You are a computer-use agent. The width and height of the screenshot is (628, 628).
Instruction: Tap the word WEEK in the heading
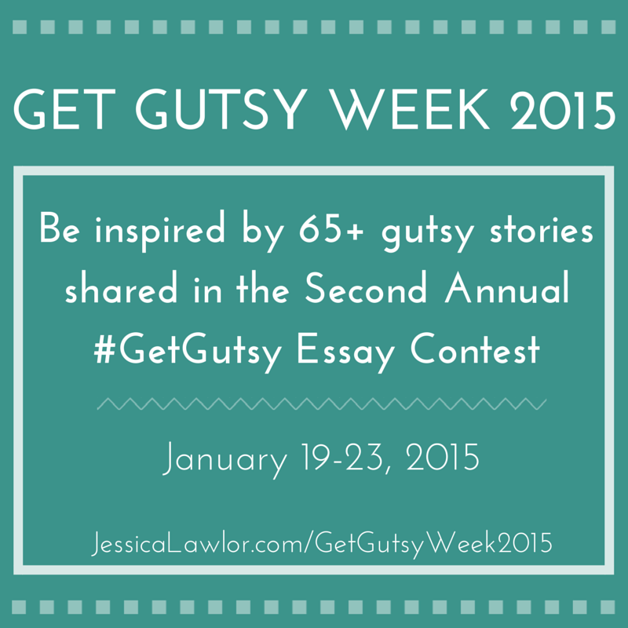411,109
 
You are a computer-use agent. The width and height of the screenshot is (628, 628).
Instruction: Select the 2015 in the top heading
563,109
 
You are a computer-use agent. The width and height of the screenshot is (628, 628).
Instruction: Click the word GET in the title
64,109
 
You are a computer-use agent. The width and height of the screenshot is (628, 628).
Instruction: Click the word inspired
160,232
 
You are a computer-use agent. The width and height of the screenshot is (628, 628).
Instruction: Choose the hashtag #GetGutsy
188,352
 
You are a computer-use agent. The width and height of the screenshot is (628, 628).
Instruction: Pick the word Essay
345,352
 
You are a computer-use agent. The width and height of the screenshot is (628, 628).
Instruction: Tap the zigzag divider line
322,403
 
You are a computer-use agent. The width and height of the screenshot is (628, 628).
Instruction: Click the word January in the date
225,460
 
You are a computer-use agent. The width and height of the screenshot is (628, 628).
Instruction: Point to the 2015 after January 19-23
443,457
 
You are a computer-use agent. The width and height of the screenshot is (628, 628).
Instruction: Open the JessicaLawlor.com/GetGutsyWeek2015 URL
322,543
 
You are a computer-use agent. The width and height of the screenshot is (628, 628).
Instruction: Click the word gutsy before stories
427,234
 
